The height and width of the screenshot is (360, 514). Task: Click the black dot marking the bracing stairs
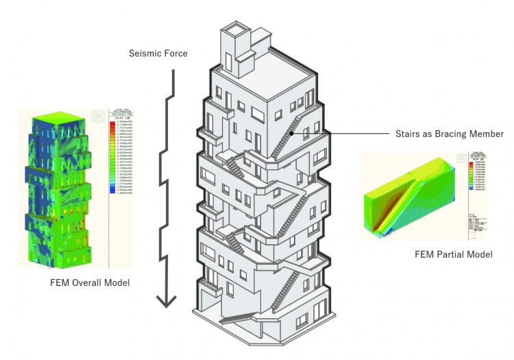291,134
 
